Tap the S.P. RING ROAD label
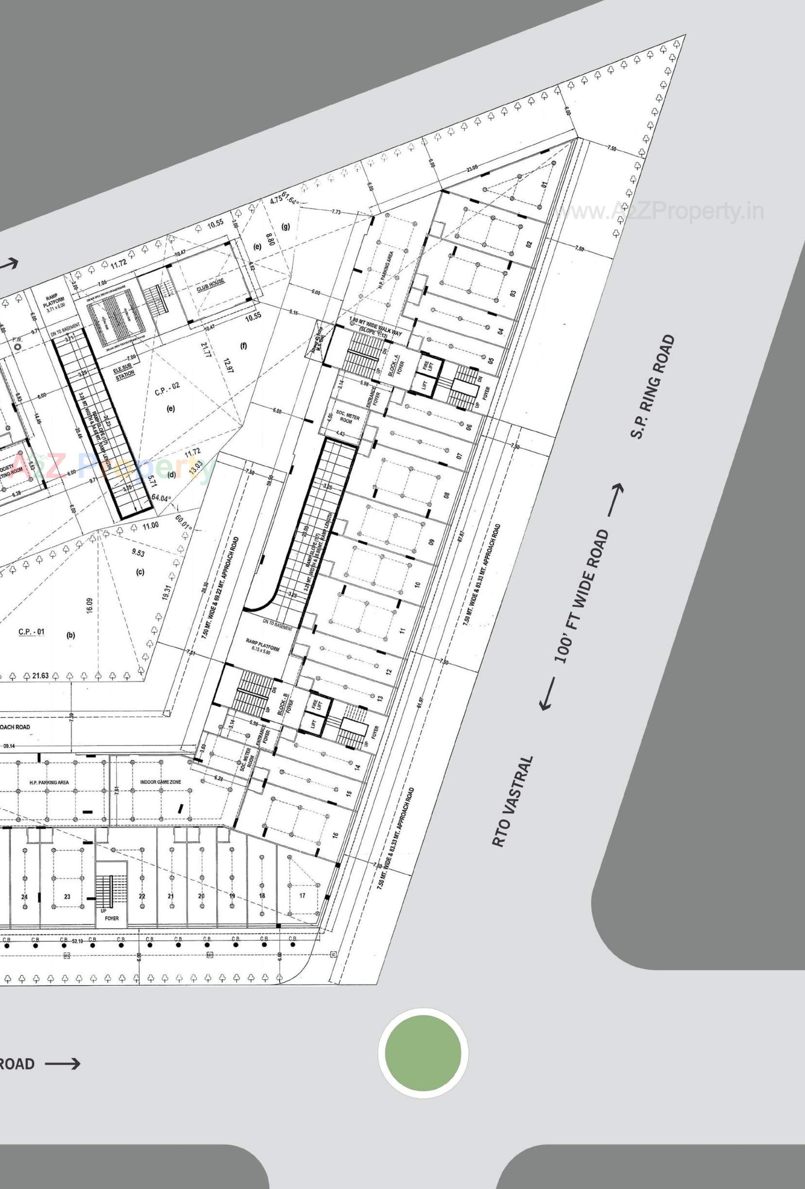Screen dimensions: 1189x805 (652, 387)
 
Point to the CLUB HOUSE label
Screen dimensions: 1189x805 (211, 285)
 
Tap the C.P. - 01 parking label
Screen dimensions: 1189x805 (32, 632)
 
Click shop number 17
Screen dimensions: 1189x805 (302, 895)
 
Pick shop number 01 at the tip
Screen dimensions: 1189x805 (545, 185)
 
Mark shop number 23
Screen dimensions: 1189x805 (67, 896)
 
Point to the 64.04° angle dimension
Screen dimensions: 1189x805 (160, 498)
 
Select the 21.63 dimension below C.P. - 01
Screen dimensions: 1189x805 (40, 676)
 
